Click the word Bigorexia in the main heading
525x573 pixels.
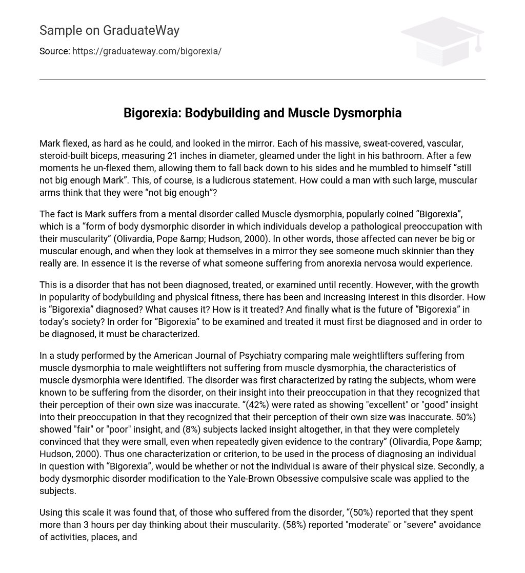151,113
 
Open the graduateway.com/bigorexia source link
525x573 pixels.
147,51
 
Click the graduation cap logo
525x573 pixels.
442,41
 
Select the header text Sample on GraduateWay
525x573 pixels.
109,31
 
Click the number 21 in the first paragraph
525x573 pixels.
173,156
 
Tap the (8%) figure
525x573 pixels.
191,429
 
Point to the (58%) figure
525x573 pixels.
294,525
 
